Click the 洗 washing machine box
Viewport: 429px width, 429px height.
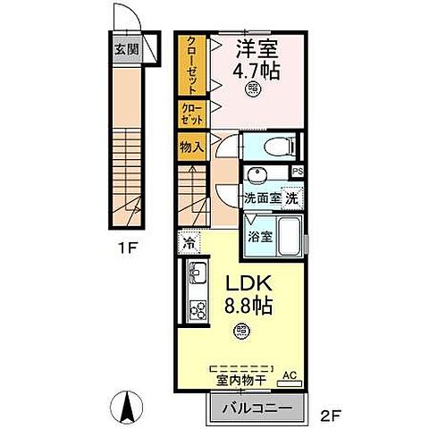(x=291, y=198)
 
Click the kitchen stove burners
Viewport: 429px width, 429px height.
(x=197, y=311)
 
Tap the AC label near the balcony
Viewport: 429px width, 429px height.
(x=289, y=376)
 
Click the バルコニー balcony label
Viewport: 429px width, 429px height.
(x=253, y=408)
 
